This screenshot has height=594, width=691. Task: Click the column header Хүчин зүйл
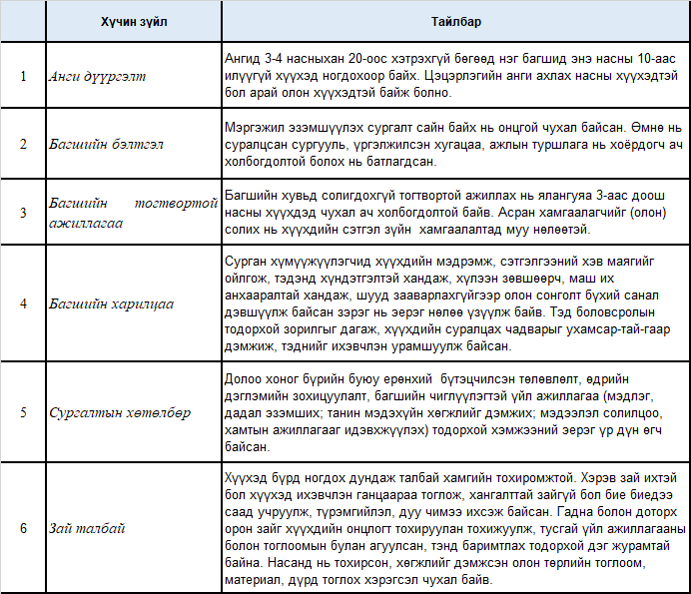click(133, 22)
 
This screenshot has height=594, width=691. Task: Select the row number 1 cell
click(23, 76)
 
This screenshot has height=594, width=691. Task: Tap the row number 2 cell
click(23, 144)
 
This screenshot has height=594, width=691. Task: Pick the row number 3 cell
click(23, 212)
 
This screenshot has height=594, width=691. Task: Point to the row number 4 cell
click(23, 302)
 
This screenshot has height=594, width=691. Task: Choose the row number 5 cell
click(23, 411)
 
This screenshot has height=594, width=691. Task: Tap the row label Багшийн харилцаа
click(105, 302)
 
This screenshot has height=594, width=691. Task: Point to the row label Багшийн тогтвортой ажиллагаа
click(133, 213)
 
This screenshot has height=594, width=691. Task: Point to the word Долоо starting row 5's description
click(243, 378)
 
